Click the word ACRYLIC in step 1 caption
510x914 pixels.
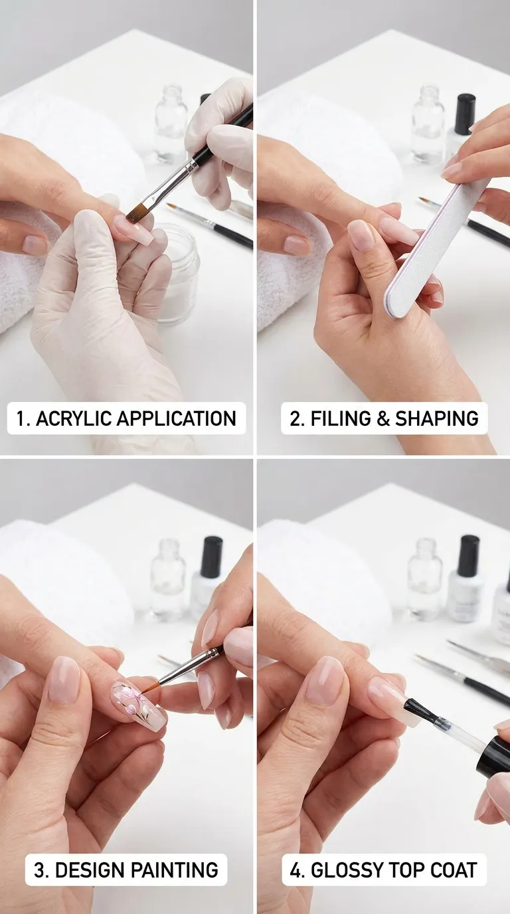pos(74,418)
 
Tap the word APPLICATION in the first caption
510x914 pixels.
pos(177,418)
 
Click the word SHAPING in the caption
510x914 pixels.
pos(437,418)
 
